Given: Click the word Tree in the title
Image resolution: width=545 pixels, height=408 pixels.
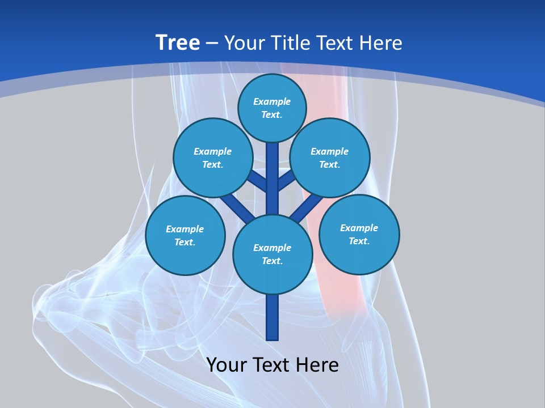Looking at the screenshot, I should pos(178,42).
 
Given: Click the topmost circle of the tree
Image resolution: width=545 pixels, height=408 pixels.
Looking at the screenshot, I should pos(272,108).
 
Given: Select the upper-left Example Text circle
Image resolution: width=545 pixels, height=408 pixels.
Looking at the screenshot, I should pos(212,158).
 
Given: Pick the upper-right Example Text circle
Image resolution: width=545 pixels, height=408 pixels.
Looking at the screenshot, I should pos(329,158).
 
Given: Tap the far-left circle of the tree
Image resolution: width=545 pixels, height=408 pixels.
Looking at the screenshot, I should pos(185,236).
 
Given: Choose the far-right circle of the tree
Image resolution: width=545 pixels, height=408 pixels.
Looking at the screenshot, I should pos(359,234).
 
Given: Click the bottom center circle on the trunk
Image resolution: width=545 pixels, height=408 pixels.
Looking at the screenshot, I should pos(272,254).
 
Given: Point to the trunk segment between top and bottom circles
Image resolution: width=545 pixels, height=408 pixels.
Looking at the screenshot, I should pos(272,178).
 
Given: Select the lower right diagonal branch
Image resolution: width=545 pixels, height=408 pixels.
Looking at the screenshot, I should pos(307,207).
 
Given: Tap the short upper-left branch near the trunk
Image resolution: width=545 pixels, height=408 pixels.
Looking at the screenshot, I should pos(257,181).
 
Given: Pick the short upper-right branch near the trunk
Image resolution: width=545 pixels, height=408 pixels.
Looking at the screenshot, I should pos(287,181).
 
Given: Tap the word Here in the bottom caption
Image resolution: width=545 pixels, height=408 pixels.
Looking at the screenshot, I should pos(318,365).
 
